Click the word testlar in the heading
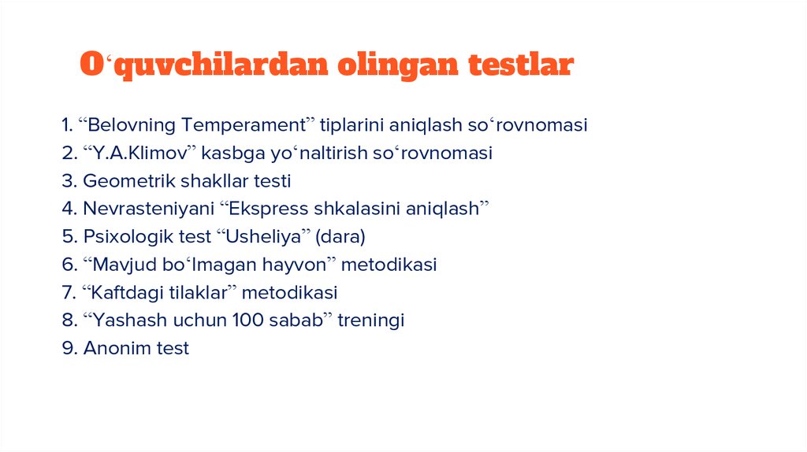521,65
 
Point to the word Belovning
131,125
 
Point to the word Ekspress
262,209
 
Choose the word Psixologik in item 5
125,237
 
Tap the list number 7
67,293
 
